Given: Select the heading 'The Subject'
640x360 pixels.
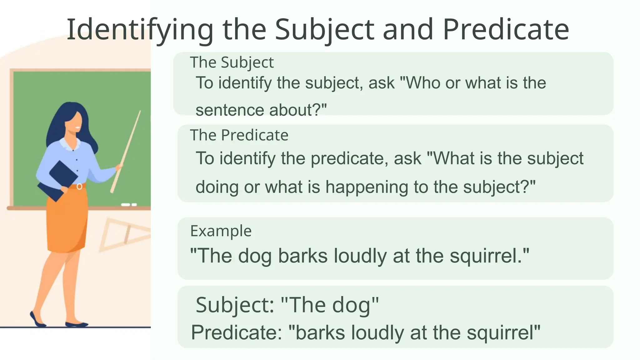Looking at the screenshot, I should coord(232,62).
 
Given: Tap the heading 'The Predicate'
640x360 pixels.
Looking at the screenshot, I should coord(239,135).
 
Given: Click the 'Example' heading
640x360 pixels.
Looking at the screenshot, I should coord(221,231).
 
